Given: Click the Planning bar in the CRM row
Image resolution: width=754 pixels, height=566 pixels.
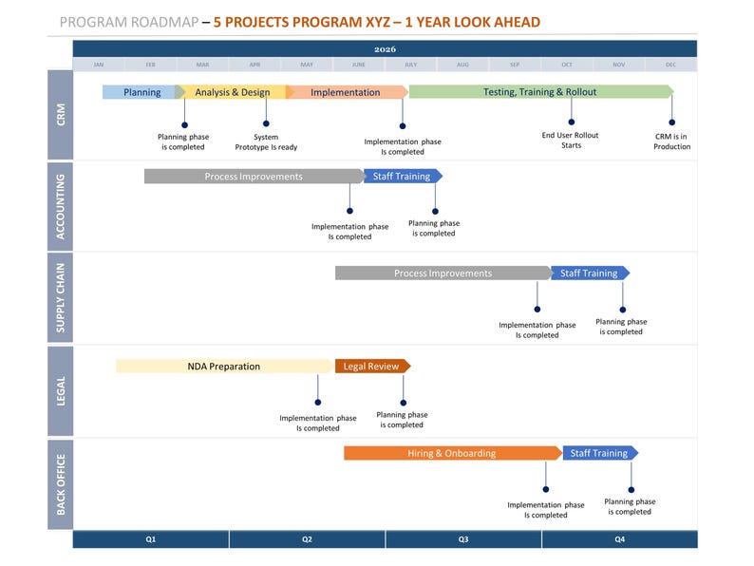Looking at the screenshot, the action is (142, 92).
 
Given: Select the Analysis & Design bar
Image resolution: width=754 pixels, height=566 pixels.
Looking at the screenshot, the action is (233, 92).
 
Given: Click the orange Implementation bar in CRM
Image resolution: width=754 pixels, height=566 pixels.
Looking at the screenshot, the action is (346, 92).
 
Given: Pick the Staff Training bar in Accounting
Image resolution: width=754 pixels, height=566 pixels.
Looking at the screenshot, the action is (402, 176).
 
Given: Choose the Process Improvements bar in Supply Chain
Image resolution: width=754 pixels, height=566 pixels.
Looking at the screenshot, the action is (443, 274).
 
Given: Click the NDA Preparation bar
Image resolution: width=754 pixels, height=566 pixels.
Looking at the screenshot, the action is (224, 366).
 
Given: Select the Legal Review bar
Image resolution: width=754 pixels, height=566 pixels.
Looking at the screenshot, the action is (371, 366).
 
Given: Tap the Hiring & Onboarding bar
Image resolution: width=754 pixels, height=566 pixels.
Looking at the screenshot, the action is (452, 453).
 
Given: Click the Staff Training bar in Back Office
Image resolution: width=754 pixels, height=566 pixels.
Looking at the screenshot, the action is (599, 453).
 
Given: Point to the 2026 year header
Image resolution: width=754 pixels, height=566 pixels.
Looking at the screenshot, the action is (385, 48).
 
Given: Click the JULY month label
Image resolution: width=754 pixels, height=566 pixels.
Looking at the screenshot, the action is (410, 65).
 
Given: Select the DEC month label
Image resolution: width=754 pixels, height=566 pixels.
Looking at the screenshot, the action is (670, 65).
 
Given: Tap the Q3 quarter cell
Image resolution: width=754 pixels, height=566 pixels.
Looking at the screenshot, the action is (463, 539).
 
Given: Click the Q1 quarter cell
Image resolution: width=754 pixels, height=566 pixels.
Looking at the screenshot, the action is (151, 539).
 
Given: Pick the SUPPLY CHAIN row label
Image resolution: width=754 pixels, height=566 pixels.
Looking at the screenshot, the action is (60, 297).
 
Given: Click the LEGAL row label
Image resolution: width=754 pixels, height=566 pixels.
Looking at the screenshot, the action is (60, 390).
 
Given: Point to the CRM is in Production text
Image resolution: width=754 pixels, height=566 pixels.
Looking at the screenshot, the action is (671, 141).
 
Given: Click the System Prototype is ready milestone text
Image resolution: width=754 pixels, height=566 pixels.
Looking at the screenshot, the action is (266, 142).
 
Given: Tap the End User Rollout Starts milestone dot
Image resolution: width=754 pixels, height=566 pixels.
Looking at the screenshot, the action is (572, 122).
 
